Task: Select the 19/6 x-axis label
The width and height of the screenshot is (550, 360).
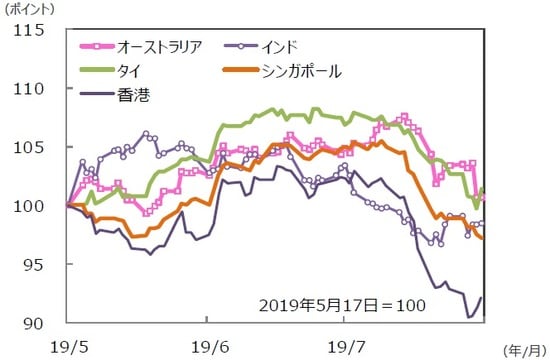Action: [207, 345]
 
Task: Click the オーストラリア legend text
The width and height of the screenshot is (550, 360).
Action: [160, 46]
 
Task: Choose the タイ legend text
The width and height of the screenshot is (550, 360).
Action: [130, 71]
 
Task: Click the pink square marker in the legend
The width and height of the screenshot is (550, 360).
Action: [95, 46]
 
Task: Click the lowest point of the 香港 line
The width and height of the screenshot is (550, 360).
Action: [470, 317]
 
